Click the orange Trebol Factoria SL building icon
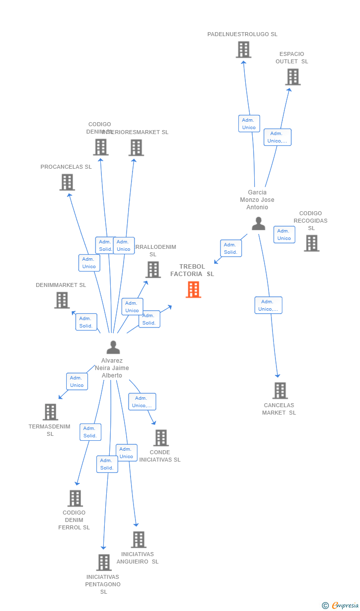193,289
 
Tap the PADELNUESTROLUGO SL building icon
243,50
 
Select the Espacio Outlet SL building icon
293,77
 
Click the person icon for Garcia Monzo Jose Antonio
258,224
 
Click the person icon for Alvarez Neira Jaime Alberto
113,347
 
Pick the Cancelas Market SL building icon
280,390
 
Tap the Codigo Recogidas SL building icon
312,243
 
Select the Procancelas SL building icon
67,183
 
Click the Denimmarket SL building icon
62,300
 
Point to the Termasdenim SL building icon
50,412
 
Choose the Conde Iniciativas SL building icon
161,438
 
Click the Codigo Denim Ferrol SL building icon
75,498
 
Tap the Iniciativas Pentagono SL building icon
104,563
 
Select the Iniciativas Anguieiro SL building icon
138,540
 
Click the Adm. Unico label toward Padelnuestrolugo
249,124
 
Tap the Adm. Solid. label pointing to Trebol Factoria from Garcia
230,248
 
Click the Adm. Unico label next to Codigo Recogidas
284,235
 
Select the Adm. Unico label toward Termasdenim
77,381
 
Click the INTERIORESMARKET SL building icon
136,148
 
